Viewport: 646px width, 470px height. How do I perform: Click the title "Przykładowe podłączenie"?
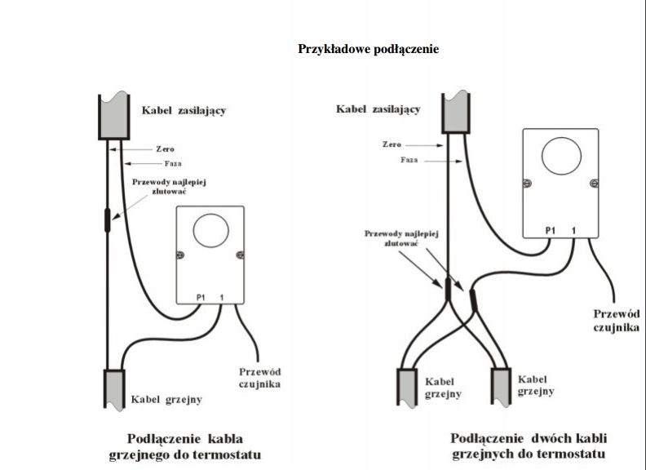click(x=369, y=49)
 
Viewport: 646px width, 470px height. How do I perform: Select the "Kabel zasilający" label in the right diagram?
click(x=379, y=109)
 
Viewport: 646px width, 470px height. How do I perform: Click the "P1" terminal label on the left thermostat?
click(x=201, y=296)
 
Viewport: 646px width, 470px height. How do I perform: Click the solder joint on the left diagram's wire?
click(x=109, y=220)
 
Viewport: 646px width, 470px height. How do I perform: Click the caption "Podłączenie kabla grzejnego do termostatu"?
click(x=184, y=445)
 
